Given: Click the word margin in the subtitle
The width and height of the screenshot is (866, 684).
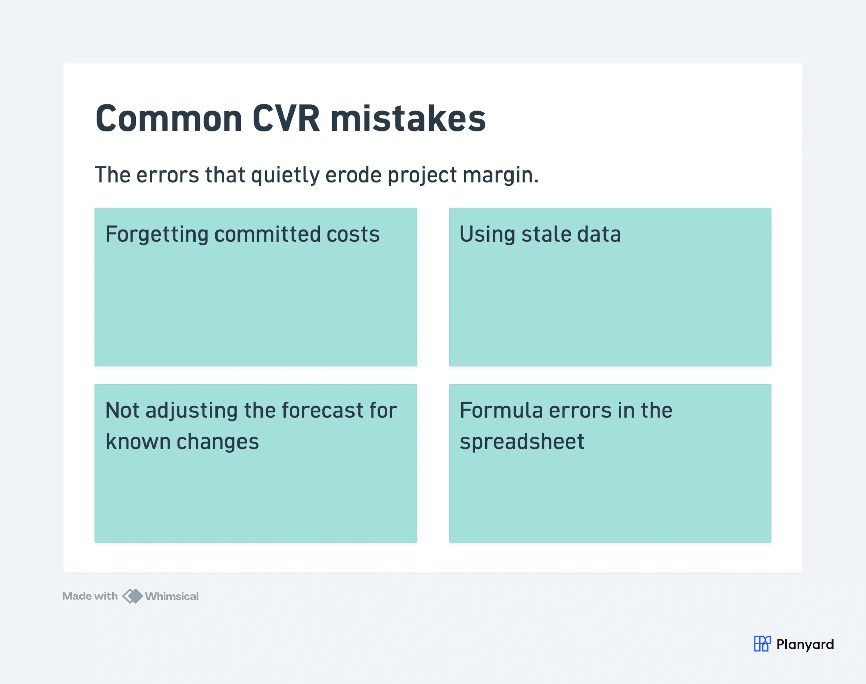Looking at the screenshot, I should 500,176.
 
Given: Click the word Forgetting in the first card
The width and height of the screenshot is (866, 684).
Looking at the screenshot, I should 157,235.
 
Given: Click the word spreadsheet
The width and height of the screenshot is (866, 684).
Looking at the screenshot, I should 522,442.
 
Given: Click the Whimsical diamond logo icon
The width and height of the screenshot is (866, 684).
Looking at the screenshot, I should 133,596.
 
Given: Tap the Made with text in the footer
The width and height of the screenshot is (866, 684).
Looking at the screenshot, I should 90,596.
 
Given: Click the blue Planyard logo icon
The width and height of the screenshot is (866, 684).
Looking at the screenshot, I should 762,643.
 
